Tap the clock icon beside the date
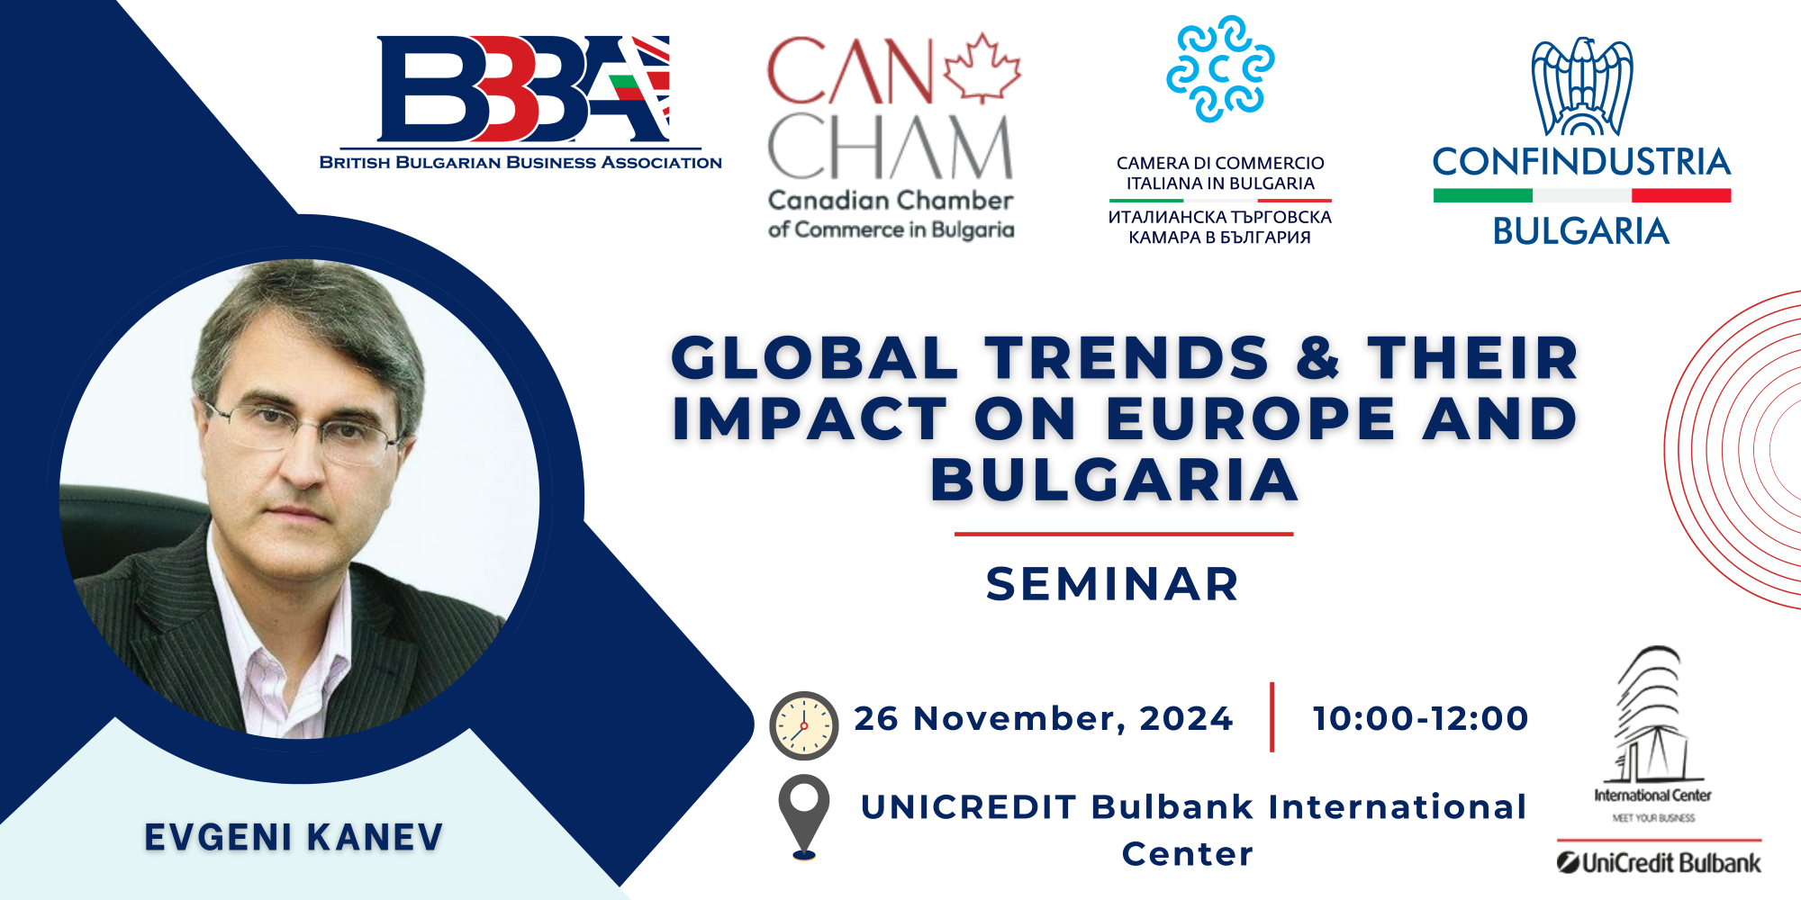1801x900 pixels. [803, 725]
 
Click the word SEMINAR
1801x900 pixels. [1113, 584]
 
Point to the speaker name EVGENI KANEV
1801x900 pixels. [294, 837]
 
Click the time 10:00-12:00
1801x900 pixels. [1421, 718]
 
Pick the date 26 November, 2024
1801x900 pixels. [1044, 719]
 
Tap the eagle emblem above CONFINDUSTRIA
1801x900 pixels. [1583, 87]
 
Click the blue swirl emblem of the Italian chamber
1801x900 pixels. [1220, 68]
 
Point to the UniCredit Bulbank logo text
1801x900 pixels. [1660, 863]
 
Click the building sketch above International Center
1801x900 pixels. [1650, 715]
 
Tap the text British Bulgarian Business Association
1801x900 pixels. [520, 163]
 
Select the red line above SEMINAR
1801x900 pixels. [1124, 534]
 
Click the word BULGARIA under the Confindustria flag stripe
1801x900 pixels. [1581, 231]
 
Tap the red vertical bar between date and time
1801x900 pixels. [1272, 716]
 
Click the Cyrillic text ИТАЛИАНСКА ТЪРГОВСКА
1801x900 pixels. [1220, 217]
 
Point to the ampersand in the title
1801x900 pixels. [1318, 358]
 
